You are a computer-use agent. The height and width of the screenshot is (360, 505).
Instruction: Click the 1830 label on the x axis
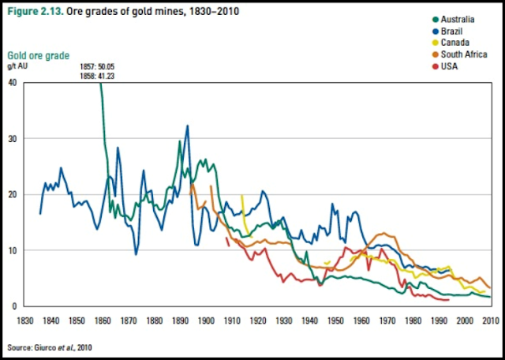point(26,321)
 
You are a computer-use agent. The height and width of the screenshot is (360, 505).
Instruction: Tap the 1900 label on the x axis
point(206,321)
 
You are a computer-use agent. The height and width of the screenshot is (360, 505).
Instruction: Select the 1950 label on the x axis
point(335,321)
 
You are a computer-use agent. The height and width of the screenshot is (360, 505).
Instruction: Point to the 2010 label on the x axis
point(490,321)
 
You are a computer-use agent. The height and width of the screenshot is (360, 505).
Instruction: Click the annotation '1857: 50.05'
point(99,67)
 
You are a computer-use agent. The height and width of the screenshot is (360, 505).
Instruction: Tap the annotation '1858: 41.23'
point(99,76)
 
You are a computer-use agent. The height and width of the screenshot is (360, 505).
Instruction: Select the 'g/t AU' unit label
point(18,68)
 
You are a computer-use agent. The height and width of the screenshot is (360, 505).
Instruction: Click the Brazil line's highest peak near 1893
point(187,126)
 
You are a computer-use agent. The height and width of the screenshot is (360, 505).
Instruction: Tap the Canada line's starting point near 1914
point(242,195)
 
